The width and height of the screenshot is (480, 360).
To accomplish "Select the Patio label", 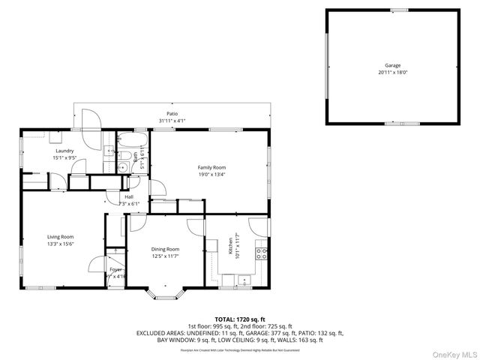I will point(172,114).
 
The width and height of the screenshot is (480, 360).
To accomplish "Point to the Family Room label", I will point(211,167).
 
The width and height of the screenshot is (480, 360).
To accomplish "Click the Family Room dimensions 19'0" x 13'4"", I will point(211,174).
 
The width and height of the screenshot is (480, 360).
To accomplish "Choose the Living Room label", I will point(61,236).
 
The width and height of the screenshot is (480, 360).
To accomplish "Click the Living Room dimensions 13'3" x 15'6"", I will point(61,243).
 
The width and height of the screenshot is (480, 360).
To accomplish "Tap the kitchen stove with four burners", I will point(262,253).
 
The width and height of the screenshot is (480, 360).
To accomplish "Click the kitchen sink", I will point(242,282).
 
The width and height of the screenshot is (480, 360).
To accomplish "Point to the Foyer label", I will point(115,268).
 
